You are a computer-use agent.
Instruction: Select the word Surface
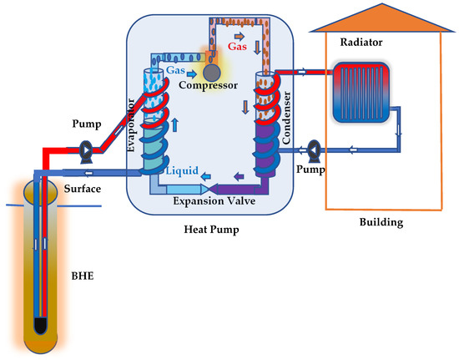83,190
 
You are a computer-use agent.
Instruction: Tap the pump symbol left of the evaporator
83,153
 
